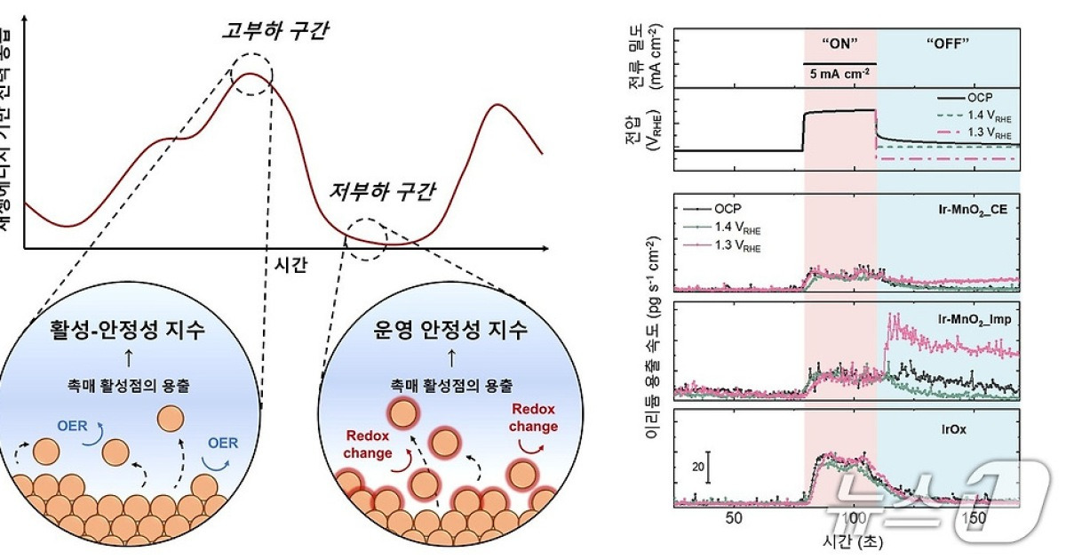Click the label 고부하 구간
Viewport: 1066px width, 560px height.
[274, 32]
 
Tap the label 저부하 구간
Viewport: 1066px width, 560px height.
[395, 190]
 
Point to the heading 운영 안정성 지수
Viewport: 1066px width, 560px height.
[450, 332]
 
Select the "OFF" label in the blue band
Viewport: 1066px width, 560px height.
[947, 45]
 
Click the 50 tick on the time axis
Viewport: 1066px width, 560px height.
[733, 518]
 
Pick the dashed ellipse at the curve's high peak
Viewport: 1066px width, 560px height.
[253, 69]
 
